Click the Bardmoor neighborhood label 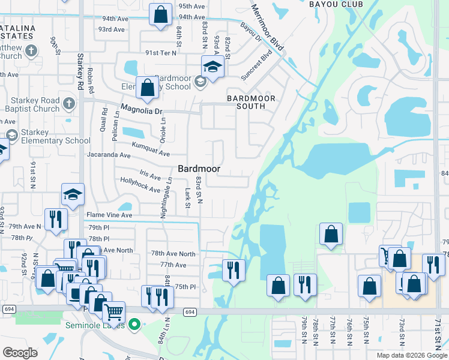pyautogui.click(x=199, y=169)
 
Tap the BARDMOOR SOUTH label pyautogui.click(x=250, y=102)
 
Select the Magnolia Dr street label pyautogui.click(x=142, y=110)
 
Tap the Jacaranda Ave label pyautogui.click(x=109, y=155)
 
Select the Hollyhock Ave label pyautogui.click(x=140, y=184)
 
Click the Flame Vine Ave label pyautogui.click(x=109, y=214)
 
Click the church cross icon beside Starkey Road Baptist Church pyautogui.click(x=69, y=103)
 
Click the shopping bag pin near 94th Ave pyautogui.click(x=160, y=16)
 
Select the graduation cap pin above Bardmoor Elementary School pyautogui.click(x=212, y=66)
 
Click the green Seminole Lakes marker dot pyautogui.click(x=134, y=325)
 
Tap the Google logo pyautogui.click(x=20, y=352)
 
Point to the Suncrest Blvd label pyautogui.click(x=256, y=65)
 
